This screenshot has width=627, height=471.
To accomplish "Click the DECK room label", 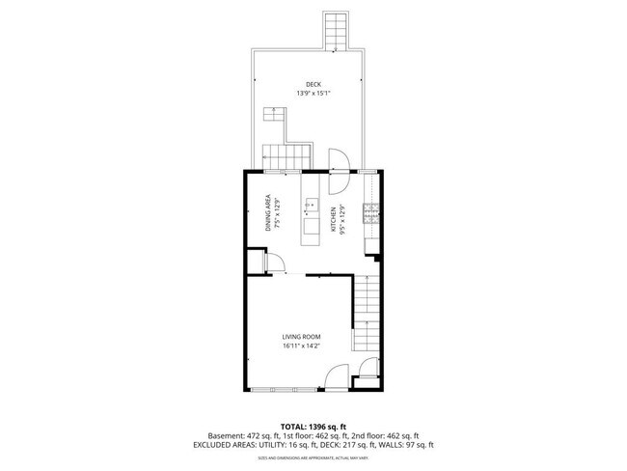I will click(313, 84).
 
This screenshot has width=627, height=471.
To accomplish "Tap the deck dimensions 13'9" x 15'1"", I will click(313, 94).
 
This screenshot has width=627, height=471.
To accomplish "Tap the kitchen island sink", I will click(311, 204).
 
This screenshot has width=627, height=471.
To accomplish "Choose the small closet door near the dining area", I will click(273, 262).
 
